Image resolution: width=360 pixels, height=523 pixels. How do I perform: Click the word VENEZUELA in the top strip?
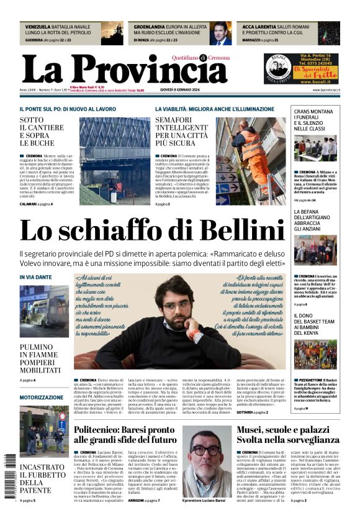36,27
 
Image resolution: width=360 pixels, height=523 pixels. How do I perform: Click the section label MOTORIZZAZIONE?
41,397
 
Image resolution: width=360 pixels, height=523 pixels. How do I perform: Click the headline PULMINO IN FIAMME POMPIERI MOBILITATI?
38,359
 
